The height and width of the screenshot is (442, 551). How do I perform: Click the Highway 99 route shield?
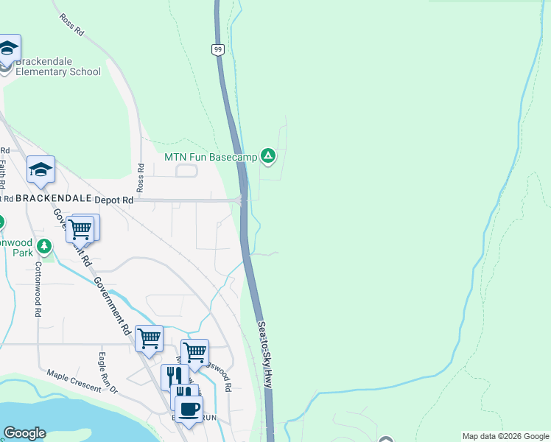click(x=219, y=49)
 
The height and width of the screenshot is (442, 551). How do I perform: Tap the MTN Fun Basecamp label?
click(x=210, y=156)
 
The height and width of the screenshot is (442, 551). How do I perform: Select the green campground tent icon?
click(x=269, y=155)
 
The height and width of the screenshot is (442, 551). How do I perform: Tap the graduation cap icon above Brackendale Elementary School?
click(x=9, y=49)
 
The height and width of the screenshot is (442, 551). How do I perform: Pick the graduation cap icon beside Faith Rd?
click(x=41, y=170)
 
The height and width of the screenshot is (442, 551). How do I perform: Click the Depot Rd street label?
click(x=118, y=200)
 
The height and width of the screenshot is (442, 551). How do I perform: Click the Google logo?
click(x=24, y=433)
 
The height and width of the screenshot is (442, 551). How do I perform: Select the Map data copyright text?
click(x=505, y=436)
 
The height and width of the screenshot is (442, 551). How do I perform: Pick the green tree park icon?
click(x=45, y=245)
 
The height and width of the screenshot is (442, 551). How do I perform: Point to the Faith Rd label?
click(x=3, y=175)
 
